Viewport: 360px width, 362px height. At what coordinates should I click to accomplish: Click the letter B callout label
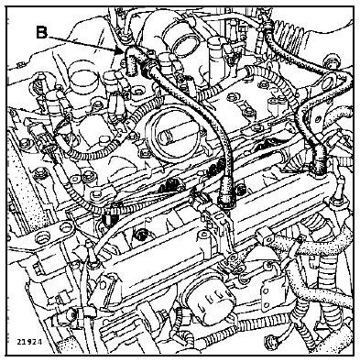click(41, 32)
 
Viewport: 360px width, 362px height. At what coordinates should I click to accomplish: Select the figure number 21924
click(29, 341)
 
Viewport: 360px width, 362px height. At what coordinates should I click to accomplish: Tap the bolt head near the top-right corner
click(332, 61)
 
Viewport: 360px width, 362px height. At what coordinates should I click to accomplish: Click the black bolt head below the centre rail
click(141, 235)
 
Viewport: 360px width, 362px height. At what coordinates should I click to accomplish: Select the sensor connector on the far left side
click(43, 140)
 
